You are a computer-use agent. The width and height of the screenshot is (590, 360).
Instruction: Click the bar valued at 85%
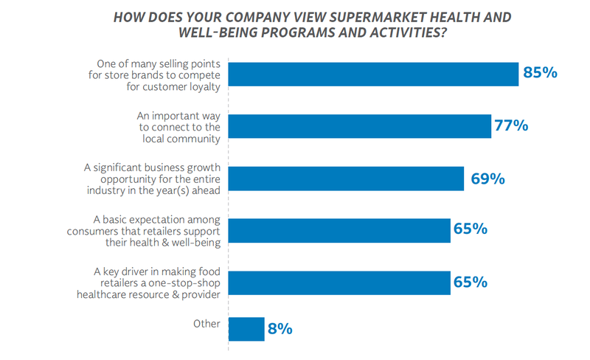pos(374,74)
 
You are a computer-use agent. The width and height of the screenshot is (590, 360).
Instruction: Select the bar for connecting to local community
pos(361,126)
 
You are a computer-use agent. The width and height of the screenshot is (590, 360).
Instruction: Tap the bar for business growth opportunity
pos(347,179)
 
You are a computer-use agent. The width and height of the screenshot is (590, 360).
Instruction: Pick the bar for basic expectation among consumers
pos(340,230)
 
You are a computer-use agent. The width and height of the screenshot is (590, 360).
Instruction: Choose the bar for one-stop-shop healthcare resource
pos(340,283)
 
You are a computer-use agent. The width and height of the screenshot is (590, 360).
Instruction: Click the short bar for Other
pos(247,329)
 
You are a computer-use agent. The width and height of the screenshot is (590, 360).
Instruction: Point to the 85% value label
pos(540,73)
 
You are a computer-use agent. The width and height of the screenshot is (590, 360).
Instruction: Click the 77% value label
pos(511,125)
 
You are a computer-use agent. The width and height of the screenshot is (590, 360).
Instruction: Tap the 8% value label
pos(280,329)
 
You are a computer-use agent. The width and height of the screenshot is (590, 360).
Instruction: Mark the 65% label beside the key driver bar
pos(470,283)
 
